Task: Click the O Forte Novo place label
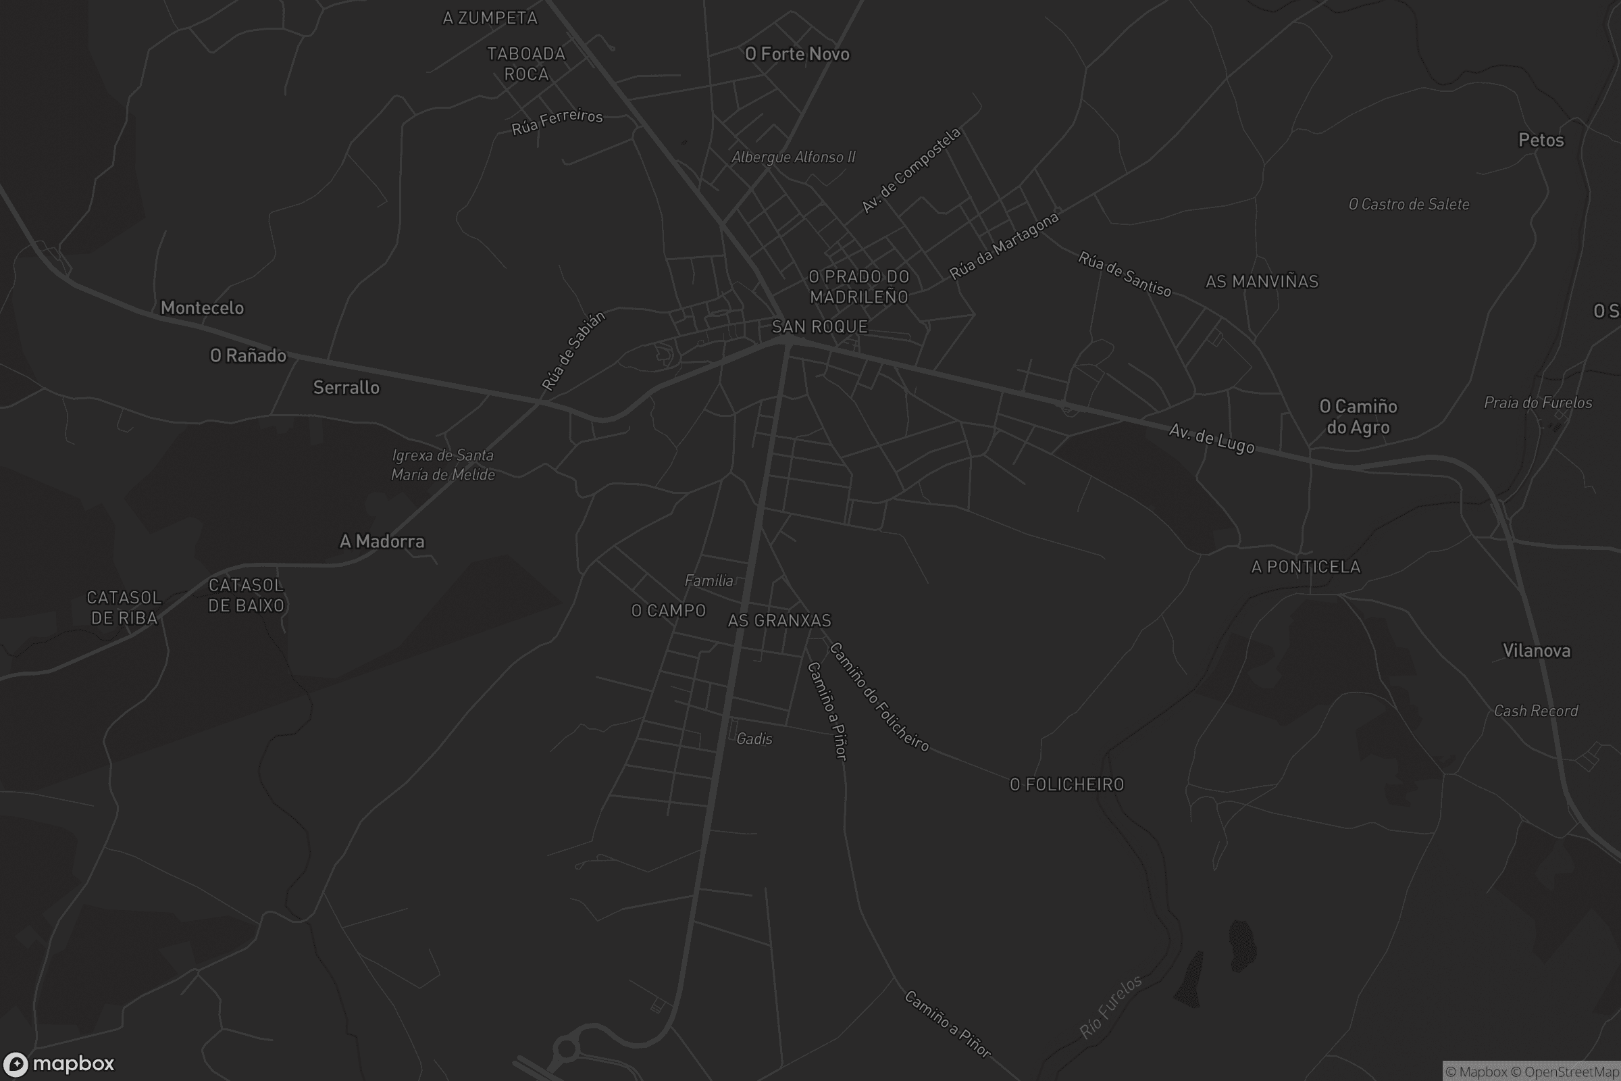[797, 54]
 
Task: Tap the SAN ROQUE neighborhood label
[819, 326]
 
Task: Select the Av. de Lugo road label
[1212, 439]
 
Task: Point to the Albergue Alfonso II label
[793, 157]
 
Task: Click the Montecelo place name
[202, 307]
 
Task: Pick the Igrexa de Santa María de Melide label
[443, 465]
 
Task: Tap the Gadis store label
[754, 739]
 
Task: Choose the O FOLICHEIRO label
[1067, 784]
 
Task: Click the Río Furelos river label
[1110, 1007]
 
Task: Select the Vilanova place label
[1536, 651]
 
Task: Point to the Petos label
[1541, 140]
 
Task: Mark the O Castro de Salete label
[1409, 204]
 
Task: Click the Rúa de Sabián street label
[573, 351]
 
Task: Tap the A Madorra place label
[382, 541]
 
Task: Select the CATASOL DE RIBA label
[124, 607]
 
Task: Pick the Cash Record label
[1535, 711]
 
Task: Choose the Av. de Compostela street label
[910, 170]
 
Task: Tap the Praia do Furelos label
[1538, 403]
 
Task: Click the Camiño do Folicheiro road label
[879, 697]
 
